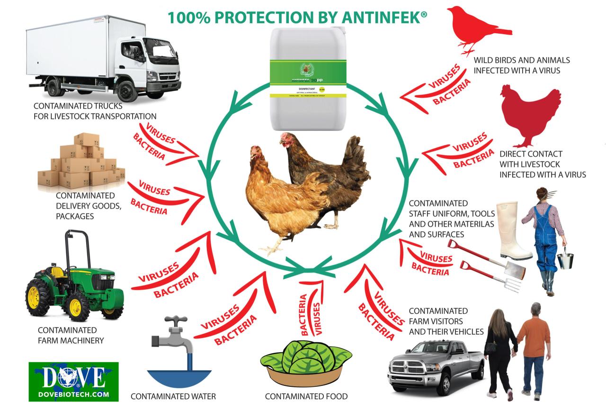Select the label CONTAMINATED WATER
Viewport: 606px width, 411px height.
pyautogui.click(x=173, y=396)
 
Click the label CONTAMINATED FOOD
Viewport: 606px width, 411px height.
pyautogui.click(x=306, y=396)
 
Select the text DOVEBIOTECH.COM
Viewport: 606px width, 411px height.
pyautogui.click(x=73, y=394)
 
